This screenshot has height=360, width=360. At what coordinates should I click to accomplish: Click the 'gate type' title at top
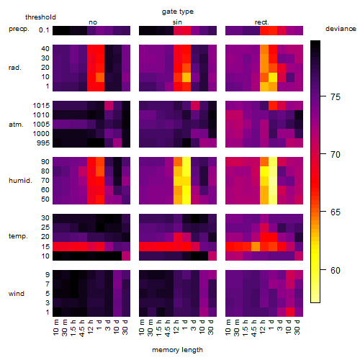[x=178, y=12]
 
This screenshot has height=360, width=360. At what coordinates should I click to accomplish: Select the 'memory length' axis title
[x=177, y=350]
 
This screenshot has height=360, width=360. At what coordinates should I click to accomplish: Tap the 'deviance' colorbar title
[x=341, y=29]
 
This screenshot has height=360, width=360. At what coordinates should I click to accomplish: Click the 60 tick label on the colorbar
[x=336, y=270]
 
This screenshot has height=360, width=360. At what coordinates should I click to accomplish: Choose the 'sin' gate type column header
[x=177, y=22]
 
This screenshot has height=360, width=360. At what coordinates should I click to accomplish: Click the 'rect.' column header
[x=262, y=22]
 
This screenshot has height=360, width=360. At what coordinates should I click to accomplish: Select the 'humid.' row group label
[x=20, y=181]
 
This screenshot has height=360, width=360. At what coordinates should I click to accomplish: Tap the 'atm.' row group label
[x=16, y=125]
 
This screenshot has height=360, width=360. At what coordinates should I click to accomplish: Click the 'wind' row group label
[x=17, y=294]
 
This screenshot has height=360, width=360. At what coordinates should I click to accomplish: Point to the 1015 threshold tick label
[x=41, y=106]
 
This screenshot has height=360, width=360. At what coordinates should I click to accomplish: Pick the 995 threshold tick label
[x=43, y=143]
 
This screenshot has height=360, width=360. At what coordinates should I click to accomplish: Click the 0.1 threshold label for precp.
[x=44, y=30]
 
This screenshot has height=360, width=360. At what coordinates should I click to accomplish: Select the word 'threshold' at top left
[x=40, y=17]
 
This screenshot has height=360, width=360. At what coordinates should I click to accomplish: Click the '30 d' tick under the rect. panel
[x=297, y=327]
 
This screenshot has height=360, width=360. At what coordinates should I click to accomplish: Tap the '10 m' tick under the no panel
[x=55, y=327]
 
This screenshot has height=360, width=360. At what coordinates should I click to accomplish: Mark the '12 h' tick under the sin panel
[x=176, y=327]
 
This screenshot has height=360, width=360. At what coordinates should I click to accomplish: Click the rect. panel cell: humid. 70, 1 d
[x=273, y=181]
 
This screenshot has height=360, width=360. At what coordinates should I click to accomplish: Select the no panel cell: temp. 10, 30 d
[x=126, y=256]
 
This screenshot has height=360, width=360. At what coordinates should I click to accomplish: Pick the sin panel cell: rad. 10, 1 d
[x=186, y=77]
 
